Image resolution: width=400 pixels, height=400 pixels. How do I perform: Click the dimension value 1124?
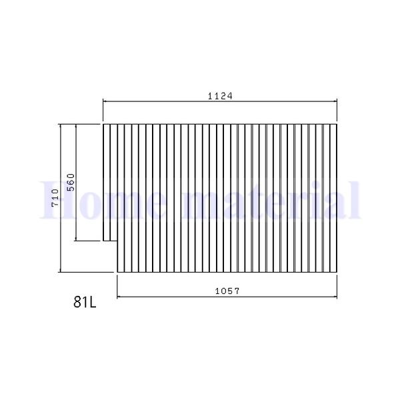(x=220, y=96)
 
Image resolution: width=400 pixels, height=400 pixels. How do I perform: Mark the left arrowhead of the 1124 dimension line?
(x=105, y=101)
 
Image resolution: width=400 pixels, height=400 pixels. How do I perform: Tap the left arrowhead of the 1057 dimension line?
(x=119, y=297)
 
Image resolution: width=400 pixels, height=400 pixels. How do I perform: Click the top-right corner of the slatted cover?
(x=337, y=124)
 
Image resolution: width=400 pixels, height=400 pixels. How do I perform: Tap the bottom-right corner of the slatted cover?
(x=337, y=271)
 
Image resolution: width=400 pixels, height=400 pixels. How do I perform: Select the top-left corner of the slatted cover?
(x=103, y=124)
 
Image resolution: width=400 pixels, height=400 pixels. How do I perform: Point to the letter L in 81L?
(x=93, y=302)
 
